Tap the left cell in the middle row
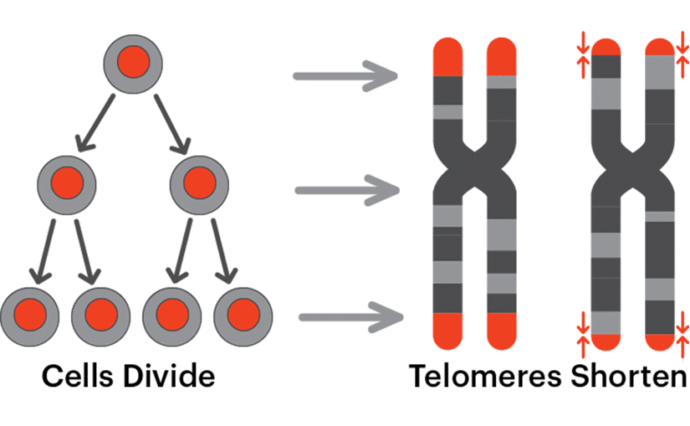coord(66,185)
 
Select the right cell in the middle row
coord(199,184)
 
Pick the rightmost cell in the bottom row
coord(243,315)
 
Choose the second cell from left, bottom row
coord(100,315)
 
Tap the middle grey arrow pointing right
coord(347,190)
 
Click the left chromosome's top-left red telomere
coord(447,56)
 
